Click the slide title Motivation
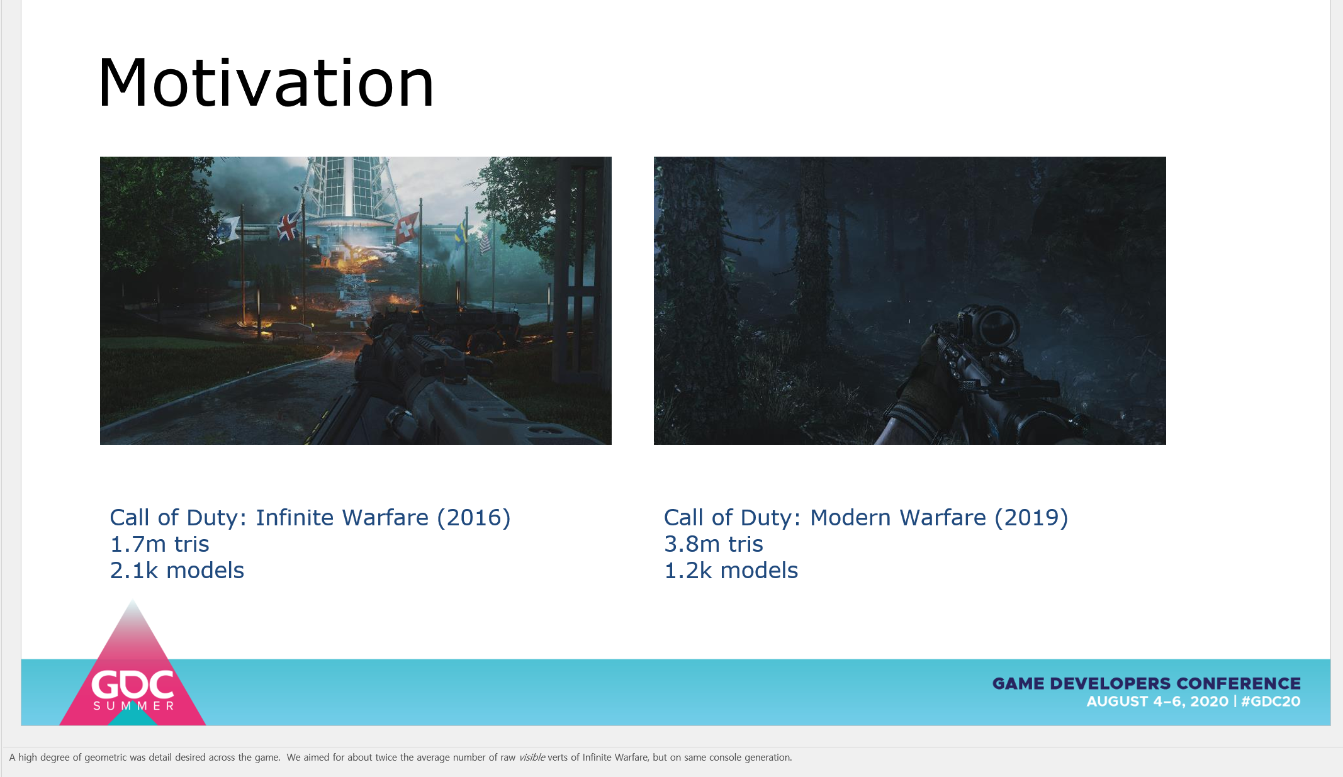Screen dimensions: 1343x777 (266, 82)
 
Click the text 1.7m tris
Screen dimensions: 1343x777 (159, 544)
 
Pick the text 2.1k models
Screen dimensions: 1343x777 (177, 571)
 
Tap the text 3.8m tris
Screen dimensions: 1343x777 (714, 544)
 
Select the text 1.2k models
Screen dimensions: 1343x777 (731, 571)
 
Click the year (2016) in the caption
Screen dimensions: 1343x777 (474, 518)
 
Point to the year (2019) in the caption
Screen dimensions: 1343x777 (1031, 518)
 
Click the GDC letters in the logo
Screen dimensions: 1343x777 (133, 684)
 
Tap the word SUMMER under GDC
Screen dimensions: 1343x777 (133, 706)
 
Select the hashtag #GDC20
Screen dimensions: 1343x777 (1271, 702)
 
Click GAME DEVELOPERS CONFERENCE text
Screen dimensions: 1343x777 (1147, 683)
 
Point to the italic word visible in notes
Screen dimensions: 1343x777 (532, 757)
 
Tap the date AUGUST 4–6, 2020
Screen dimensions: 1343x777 (1157, 702)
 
